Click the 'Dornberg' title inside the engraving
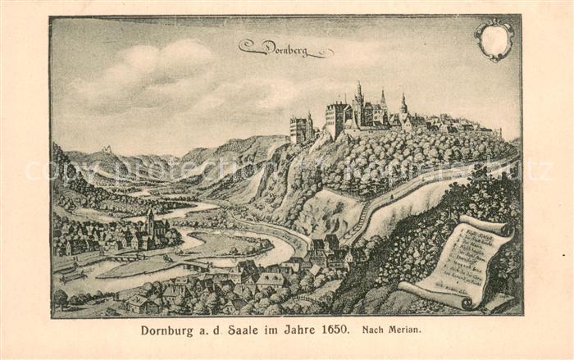[285, 48]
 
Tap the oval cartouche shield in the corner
[494, 39]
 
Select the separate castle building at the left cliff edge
[300, 129]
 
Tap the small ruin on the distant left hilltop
[106, 149]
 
